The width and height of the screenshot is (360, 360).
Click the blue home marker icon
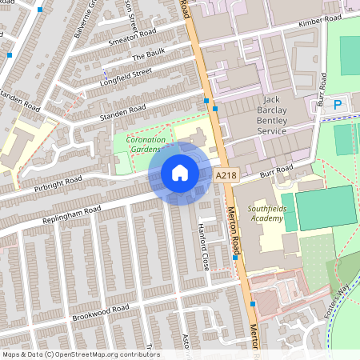[180, 173]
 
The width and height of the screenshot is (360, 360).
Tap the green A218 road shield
[226, 174]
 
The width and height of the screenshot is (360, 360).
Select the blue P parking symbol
[338, 105]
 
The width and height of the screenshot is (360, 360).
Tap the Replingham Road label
[72, 214]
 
